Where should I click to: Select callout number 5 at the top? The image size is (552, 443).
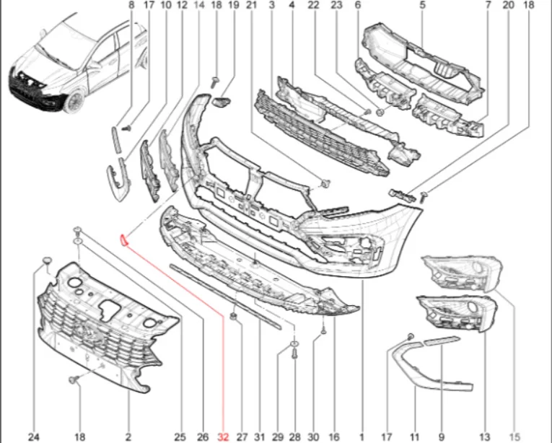(422, 5)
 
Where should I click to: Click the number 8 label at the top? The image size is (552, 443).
(131, 5)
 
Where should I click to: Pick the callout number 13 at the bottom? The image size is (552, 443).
(484, 437)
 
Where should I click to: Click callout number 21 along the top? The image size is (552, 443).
(251, 5)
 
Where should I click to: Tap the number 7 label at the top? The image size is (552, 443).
(488, 5)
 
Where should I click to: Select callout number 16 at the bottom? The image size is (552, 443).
(333, 437)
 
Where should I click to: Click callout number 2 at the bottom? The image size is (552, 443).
(130, 437)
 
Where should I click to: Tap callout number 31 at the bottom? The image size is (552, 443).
(259, 437)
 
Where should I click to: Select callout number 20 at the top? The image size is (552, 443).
(508, 5)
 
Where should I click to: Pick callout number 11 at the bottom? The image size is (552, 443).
(414, 437)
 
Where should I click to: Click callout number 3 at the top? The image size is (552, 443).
(271, 5)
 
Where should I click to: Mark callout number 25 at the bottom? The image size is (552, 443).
(180, 437)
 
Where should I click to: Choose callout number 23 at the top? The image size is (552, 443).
(336, 5)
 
